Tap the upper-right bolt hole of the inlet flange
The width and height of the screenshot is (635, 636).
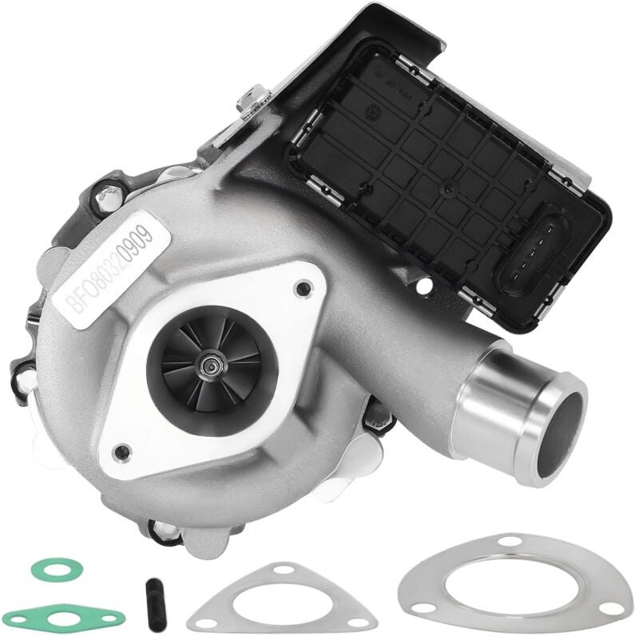tap(302, 289)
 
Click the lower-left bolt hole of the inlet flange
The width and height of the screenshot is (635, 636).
tap(121, 452)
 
